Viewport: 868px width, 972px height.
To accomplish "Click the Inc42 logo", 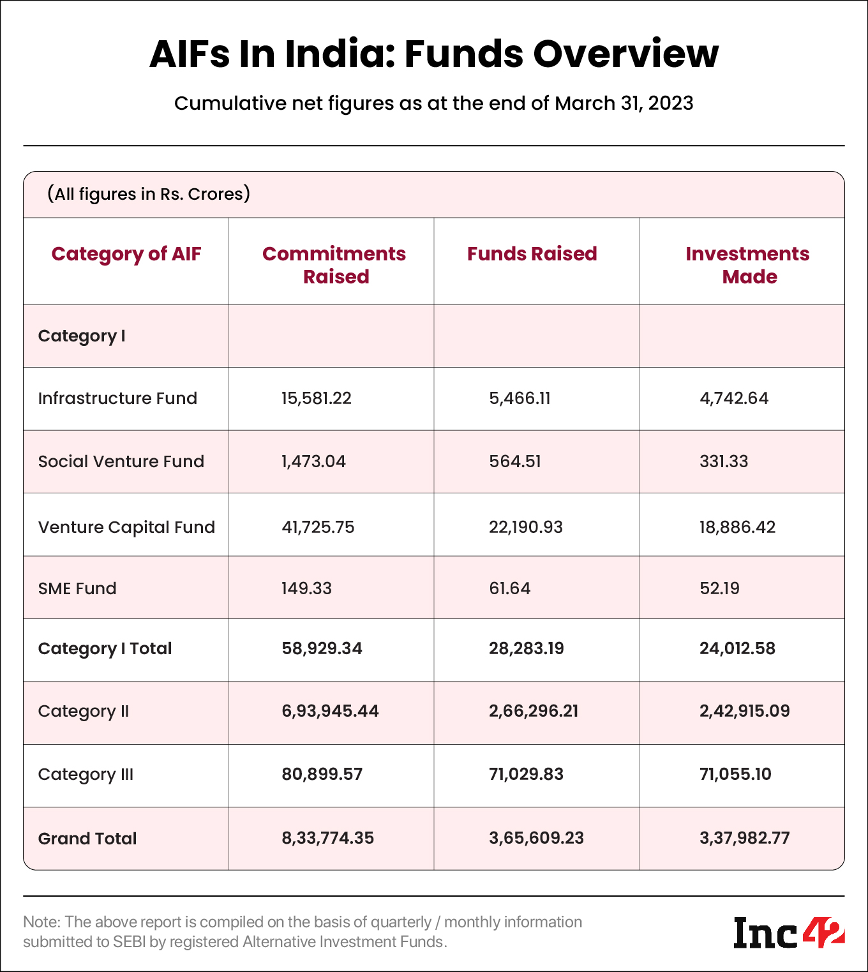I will pyautogui.click(x=789, y=933).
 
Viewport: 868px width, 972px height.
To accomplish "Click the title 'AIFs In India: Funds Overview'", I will pyautogui.click(x=434, y=54).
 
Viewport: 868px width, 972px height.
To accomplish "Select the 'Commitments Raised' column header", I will pyautogui.click(x=334, y=265).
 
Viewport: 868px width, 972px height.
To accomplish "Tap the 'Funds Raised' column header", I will pyautogui.click(x=532, y=254).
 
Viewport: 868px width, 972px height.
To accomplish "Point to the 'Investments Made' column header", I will pyautogui.click(x=747, y=265).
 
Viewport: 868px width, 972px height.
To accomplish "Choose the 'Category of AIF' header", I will pyautogui.click(x=126, y=254).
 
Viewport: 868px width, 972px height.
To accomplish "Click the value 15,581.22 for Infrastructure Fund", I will pyautogui.click(x=317, y=398).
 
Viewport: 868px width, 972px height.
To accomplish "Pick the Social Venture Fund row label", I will pyautogui.click(x=121, y=461).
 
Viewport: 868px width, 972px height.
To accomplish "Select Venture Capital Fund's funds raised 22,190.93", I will pyautogui.click(x=526, y=527).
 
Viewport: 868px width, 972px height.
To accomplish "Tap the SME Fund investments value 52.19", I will pyautogui.click(x=719, y=588).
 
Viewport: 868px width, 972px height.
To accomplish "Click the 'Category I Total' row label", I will pyautogui.click(x=105, y=648).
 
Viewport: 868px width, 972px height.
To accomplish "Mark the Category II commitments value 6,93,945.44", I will pyautogui.click(x=330, y=711).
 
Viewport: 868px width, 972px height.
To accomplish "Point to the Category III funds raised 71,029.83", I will pyautogui.click(x=526, y=774).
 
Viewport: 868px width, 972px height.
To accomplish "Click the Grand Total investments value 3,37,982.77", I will pyautogui.click(x=744, y=838).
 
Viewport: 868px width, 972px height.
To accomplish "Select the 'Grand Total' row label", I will pyautogui.click(x=87, y=839).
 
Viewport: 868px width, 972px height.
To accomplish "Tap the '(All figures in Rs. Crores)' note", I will pyautogui.click(x=149, y=194).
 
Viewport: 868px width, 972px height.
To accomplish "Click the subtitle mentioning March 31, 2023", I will pyautogui.click(x=434, y=103).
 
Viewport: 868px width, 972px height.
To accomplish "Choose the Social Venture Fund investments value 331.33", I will pyautogui.click(x=724, y=461).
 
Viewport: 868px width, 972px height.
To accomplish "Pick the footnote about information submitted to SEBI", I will pyautogui.click(x=303, y=932).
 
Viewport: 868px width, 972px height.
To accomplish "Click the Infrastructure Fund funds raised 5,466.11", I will pyautogui.click(x=520, y=398).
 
